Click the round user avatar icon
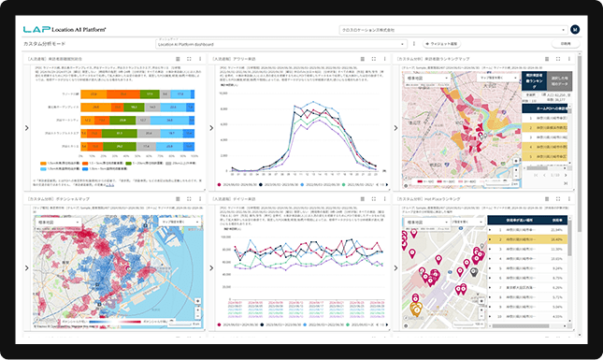coord(574,29)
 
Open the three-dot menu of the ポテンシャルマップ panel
coord(201,199)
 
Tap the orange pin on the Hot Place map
coord(416,308)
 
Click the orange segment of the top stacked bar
coord(93,94)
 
